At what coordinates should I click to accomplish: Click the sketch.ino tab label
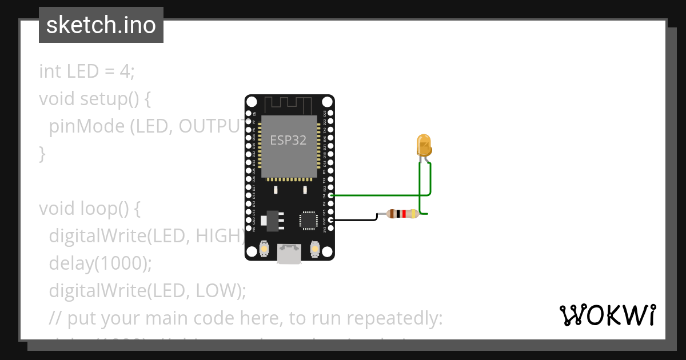(x=101, y=25)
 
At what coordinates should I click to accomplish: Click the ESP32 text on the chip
(x=289, y=141)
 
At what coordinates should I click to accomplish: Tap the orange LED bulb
(x=424, y=145)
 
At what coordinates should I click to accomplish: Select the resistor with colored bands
(x=402, y=214)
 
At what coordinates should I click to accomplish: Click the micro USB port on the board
(x=289, y=254)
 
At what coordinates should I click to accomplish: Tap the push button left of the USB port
(x=264, y=249)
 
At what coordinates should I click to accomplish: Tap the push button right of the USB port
(x=314, y=249)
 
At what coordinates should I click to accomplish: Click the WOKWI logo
(x=607, y=315)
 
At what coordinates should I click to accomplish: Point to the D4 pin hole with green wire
(x=330, y=195)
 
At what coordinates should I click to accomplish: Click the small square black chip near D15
(x=308, y=220)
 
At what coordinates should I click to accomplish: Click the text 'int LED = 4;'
(x=86, y=71)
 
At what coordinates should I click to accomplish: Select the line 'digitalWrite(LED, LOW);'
(x=147, y=290)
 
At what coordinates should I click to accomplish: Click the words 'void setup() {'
(x=95, y=99)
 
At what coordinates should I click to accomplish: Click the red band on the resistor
(x=404, y=214)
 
